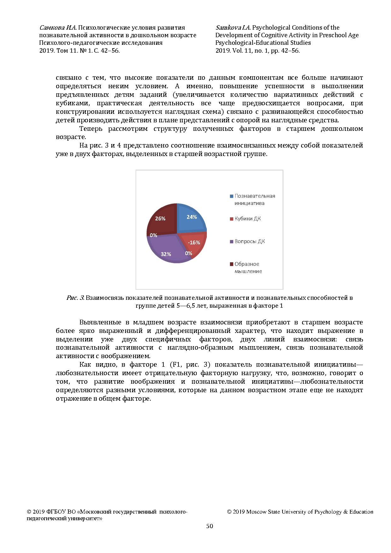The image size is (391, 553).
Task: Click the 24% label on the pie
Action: tap(192, 217)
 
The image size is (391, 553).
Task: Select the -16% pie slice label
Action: tap(194, 242)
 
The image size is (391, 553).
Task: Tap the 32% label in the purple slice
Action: tap(166, 254)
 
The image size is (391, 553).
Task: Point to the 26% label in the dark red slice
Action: tap(160, 218)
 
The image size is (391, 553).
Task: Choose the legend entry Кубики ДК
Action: tap(248, 218)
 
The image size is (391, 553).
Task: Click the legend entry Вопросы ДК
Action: tap(249, 242)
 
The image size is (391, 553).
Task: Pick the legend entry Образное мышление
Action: tap(248, 268)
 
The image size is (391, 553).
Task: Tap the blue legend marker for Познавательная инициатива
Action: tap(232, 196)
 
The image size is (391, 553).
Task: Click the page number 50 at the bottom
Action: tap(209, 526)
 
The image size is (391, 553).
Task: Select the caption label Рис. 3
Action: tap(75, 298)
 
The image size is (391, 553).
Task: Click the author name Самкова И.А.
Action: tap(58, 28)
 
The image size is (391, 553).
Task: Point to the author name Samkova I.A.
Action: tap(233, 28)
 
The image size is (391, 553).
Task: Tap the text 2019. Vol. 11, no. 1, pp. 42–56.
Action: tap(257, 50)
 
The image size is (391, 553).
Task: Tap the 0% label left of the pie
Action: tap(154, 235)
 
